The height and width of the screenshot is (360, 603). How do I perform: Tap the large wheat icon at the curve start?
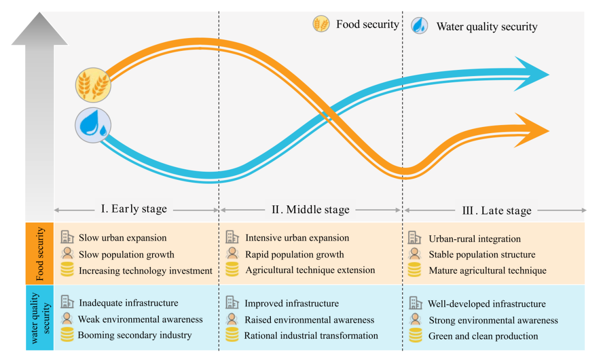click(93, 85)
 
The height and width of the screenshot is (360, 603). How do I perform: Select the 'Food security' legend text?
click(367, 24)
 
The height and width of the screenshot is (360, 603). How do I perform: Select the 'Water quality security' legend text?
click(487, 26)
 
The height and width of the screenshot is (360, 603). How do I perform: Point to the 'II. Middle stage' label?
click(310, 209)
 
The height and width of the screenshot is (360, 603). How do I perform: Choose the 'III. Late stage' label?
click(497, 210)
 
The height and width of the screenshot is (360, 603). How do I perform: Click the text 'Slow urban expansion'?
click(123, 238)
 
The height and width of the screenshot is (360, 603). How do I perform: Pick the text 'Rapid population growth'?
click(294, 254)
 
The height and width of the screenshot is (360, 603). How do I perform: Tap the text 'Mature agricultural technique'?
click(488, 270)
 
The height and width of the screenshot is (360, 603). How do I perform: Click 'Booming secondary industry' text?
click(134, 335)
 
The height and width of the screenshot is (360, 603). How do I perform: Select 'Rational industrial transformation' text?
click(311, 335)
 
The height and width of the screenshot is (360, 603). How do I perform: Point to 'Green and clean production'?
click(483, 336)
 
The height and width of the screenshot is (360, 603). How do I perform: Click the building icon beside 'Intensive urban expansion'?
click(232, 237)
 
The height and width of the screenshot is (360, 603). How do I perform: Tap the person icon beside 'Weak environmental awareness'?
click(67, 319)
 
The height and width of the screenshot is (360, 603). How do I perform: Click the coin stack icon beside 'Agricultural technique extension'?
click(232, 270)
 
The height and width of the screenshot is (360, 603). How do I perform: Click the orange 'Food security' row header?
click(40, 253)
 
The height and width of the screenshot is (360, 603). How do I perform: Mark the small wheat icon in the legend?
click(321, 24)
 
